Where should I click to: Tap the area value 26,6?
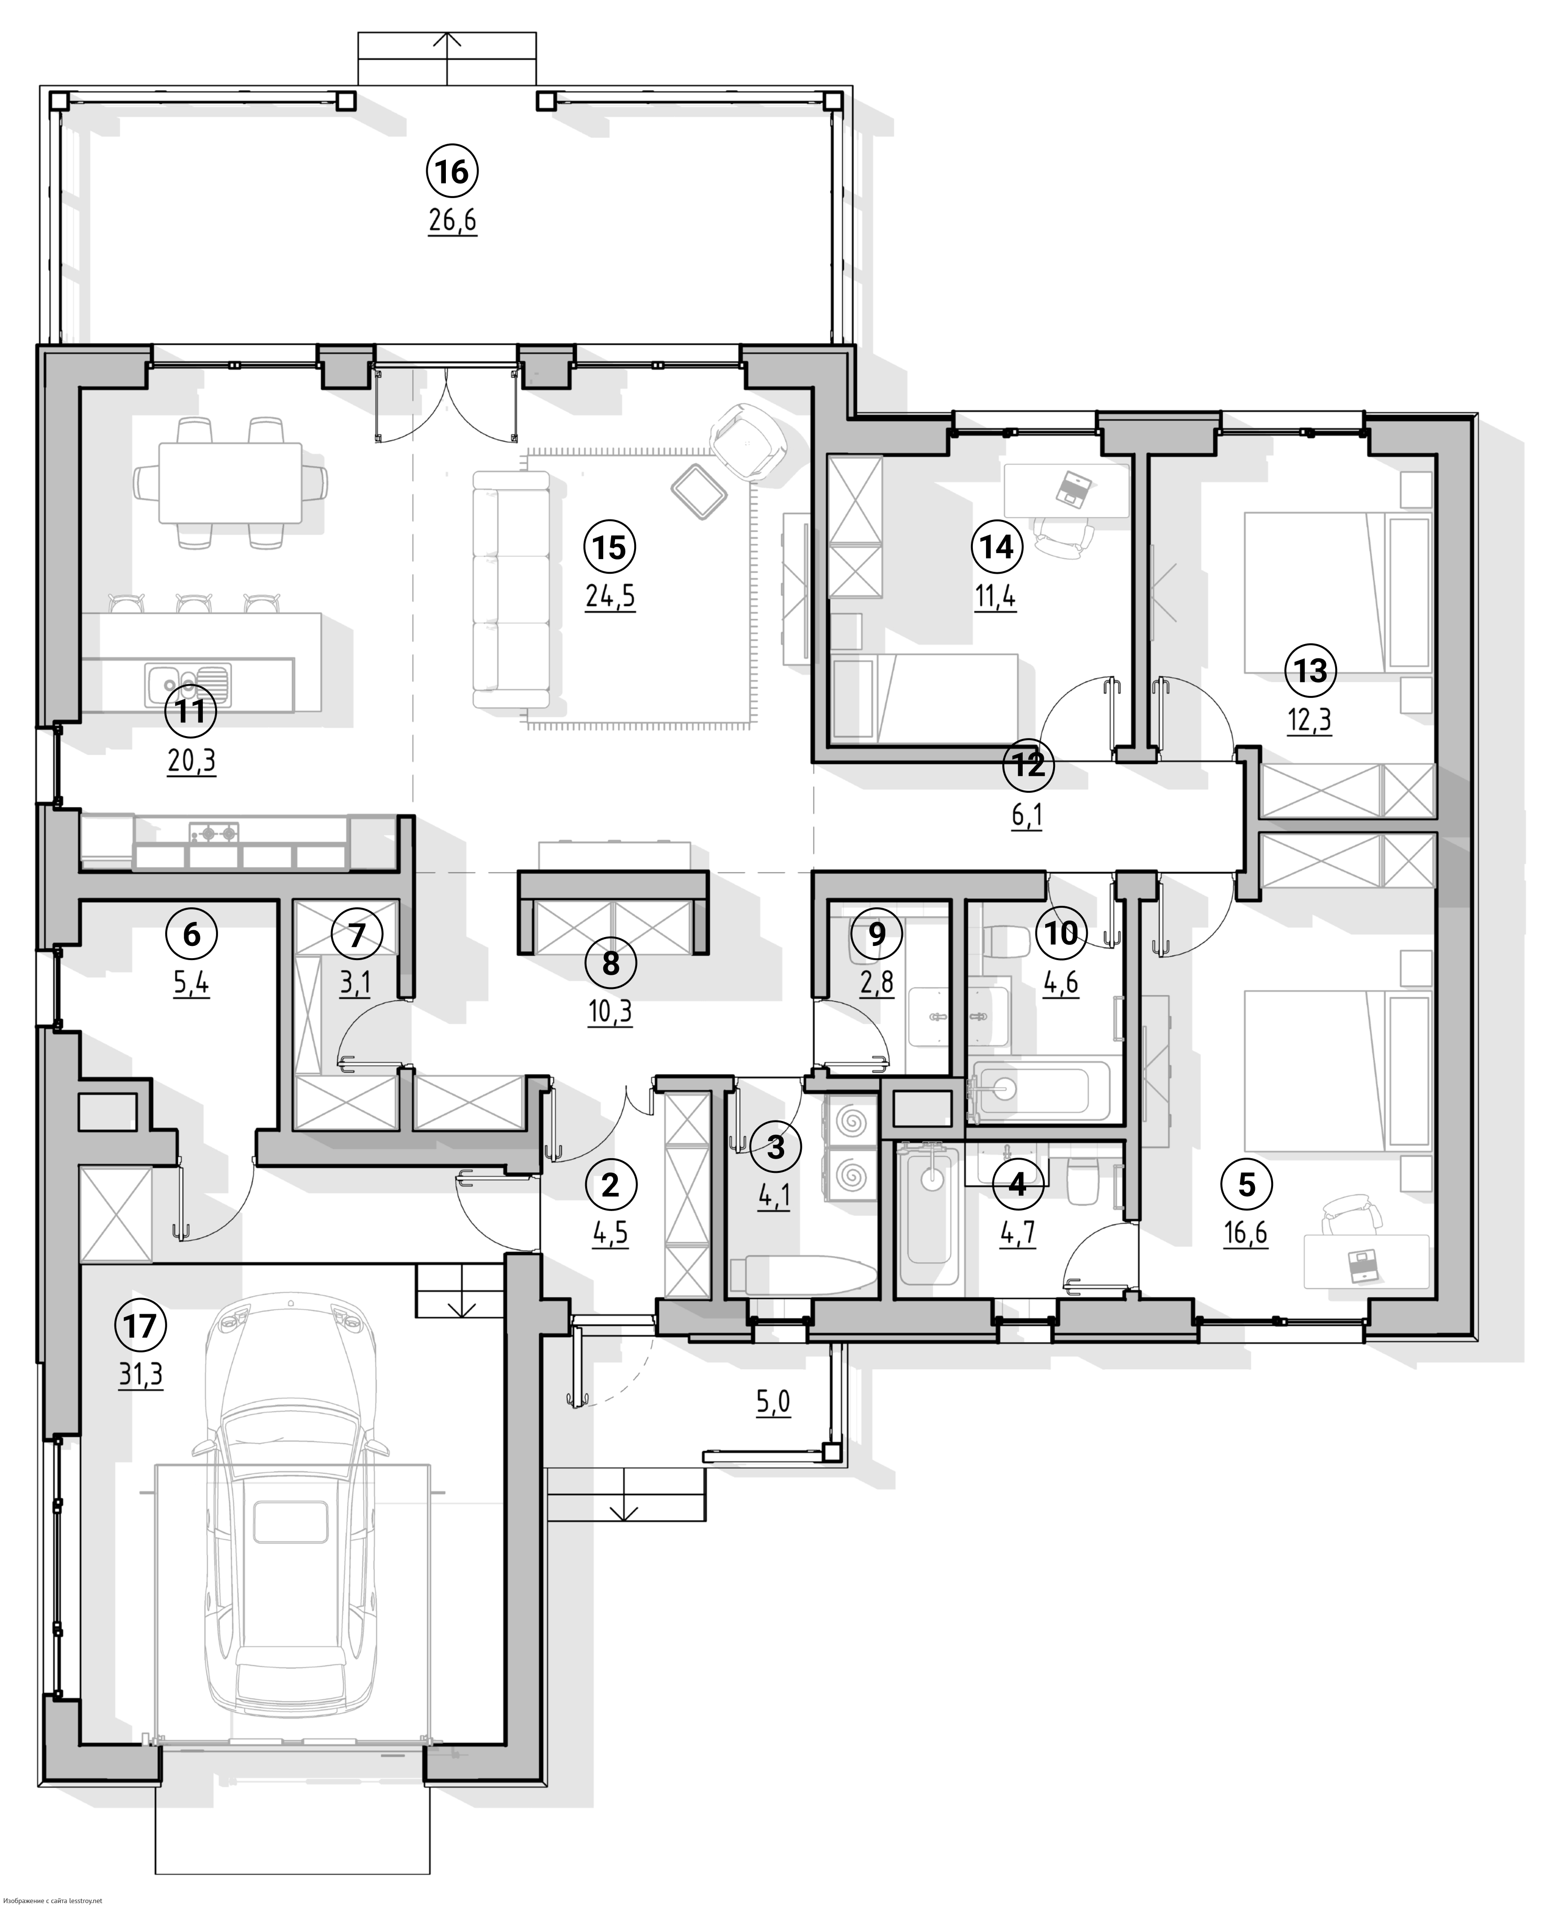tap(452, 221)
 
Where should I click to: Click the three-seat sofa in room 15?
tap(511, 589)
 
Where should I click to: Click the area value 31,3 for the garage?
tap(141, 1375)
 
